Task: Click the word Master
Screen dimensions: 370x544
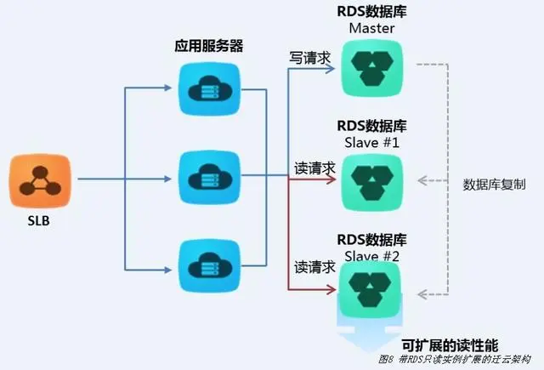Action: click(371, 29)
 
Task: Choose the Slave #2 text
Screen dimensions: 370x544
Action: click(371, 254)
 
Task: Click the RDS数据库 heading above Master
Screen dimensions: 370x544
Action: click(371, 12)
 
